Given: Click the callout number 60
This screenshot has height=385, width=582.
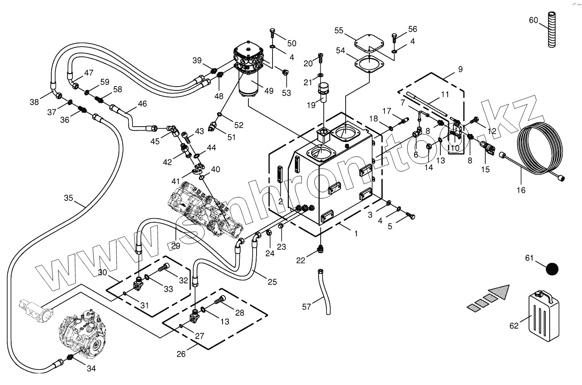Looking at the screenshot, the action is (533, 20).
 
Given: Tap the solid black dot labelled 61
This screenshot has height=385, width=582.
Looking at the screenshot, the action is (552, 269).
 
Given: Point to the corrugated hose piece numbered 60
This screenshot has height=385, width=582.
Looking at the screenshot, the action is (552, 29).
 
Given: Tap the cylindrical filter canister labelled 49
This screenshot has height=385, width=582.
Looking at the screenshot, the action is (249, 84).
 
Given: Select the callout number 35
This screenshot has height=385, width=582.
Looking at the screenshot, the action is (68, 198).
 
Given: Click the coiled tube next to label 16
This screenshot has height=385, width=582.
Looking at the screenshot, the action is (540, 149).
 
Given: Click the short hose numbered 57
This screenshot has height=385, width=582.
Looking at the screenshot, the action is (325, 292).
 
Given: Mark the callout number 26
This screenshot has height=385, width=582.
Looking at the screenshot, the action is (181, 354).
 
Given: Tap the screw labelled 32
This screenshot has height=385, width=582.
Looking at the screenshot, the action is (164, 267).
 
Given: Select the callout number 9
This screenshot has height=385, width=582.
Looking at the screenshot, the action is (461, 69).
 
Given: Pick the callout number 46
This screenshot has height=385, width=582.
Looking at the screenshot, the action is (142, 103).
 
